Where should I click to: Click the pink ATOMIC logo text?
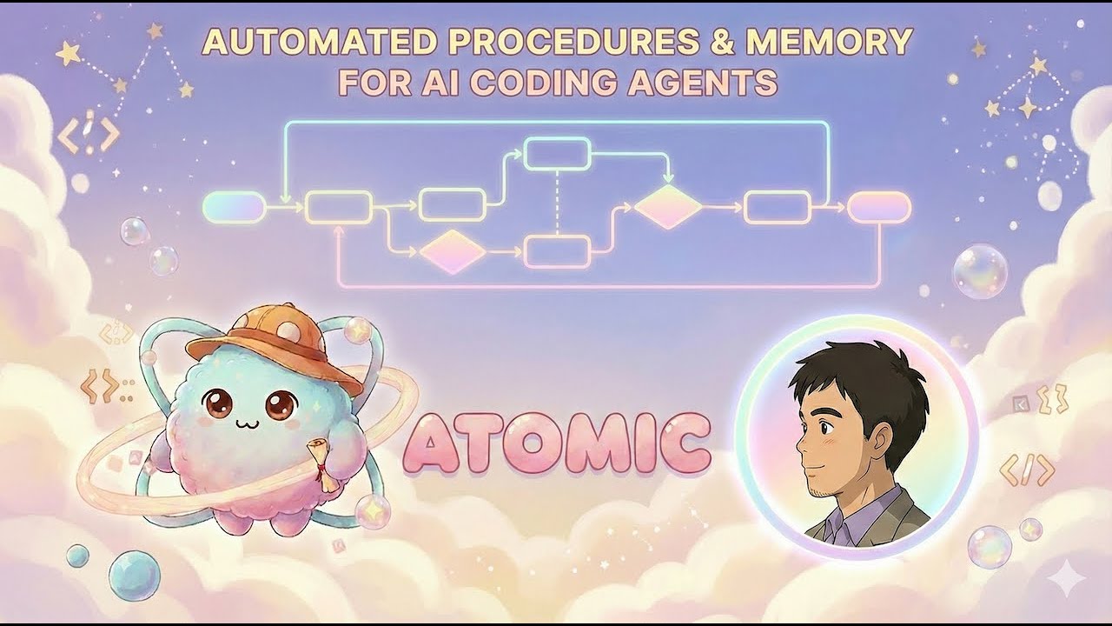(x=557, y=444)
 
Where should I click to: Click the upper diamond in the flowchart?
(x=667, y=207)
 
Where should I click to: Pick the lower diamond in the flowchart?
(x=452, y=252)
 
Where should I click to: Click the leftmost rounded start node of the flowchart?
(x=233, y=207)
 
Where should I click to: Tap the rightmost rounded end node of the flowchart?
(x=879, y=207)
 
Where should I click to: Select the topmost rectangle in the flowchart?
(x=558, y=154)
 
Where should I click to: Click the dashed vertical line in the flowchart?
(x=557, y=202)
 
